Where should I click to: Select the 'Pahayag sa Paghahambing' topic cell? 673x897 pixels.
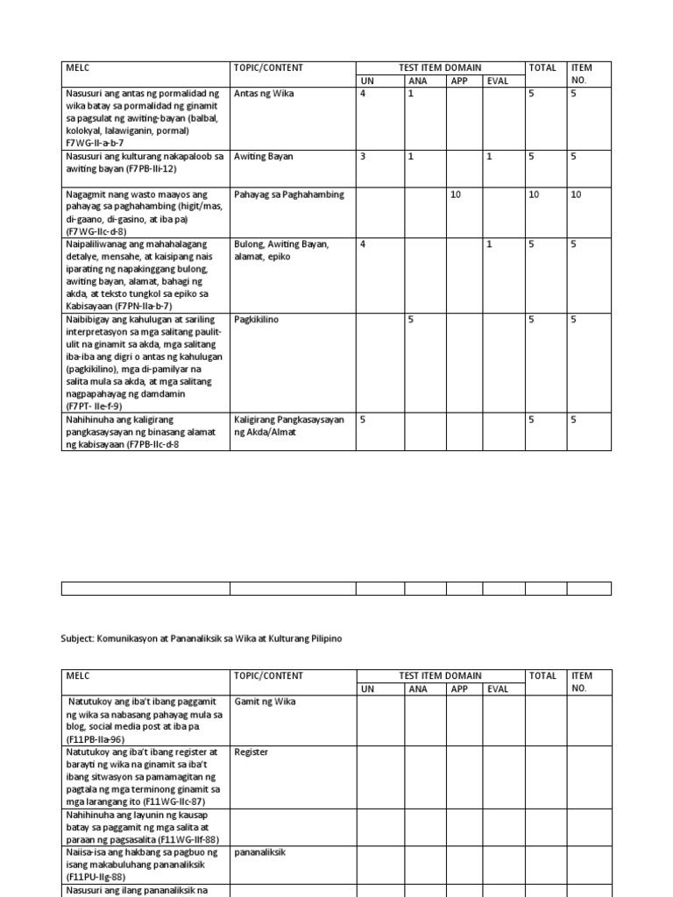(x=288, y=194)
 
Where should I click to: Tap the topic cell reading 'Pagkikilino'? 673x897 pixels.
(x=256, y=321)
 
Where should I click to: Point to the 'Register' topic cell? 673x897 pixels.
(x=251, y=752)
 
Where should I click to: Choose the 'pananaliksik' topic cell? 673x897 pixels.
(x=261, y=851)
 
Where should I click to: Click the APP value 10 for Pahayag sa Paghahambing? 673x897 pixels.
(x=456, y=194)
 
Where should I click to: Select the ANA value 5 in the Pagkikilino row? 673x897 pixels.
(x=410, y=321)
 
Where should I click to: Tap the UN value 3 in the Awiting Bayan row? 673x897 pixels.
(x=363, y=157)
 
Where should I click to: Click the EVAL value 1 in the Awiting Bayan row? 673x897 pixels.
(x=490, y=157)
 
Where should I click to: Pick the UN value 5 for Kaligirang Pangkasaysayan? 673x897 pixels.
(x=363, y=420)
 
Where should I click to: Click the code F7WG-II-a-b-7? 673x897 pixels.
(x=96, y=143)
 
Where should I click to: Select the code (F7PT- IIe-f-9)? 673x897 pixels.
(x=93, y=406)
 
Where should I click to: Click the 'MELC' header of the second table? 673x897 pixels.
(x=78, y=676)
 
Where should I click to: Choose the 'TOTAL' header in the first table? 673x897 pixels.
(x=542, y=67)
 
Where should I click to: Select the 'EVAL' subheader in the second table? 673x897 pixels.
(x=498, y=689)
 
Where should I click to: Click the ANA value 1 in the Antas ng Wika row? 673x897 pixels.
(x=410, y=93)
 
